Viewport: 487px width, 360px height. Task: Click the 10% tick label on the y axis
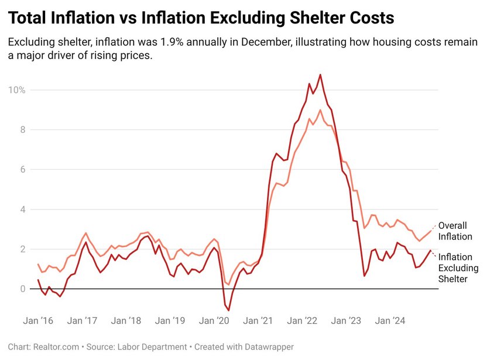click(16, 90)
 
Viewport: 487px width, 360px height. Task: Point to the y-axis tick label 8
click(22, 130)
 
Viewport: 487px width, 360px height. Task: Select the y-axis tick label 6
click(22, 170)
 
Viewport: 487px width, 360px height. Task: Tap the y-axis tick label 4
click(22, 210)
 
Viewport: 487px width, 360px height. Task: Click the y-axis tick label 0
click(22, 289)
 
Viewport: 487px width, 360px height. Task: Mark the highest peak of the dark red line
click(320, 74)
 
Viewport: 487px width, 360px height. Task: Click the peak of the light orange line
click(320, 110)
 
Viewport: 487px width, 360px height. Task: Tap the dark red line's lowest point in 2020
click(228, 310)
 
